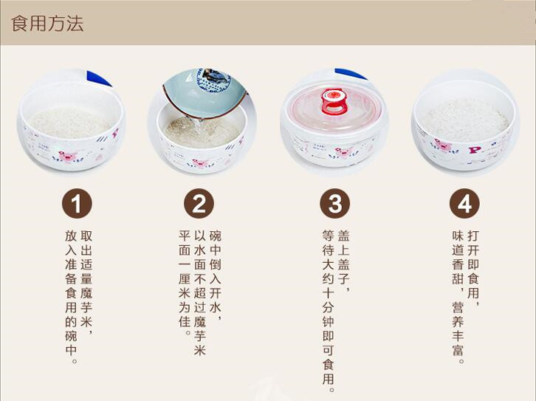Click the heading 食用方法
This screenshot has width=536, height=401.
tap(47, 24)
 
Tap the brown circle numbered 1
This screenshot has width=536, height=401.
tap(77, 203)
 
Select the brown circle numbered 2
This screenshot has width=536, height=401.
tap(199, 203)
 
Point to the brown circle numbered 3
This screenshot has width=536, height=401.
tap(334, 203)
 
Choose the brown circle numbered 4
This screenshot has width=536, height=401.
tap(464, 203)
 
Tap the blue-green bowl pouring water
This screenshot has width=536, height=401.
tap(205, 92)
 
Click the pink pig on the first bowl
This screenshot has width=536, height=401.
tap(68, 157)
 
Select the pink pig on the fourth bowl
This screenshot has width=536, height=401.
tap(443, 145)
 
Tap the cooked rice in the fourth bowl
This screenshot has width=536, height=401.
tap(465, 120)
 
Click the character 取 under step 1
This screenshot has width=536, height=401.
tap(86, 236)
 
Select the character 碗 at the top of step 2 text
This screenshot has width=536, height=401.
tap(216, 236)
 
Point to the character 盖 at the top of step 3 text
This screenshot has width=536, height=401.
tap(343, 236)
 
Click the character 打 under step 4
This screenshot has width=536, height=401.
tap(473, 236)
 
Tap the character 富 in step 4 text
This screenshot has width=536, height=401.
tap(458, 350)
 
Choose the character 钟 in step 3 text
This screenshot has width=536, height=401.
tap(328, 322)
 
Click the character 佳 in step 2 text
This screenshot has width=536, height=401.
tap(185, 322)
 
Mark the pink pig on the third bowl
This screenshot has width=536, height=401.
tap(342, 152)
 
